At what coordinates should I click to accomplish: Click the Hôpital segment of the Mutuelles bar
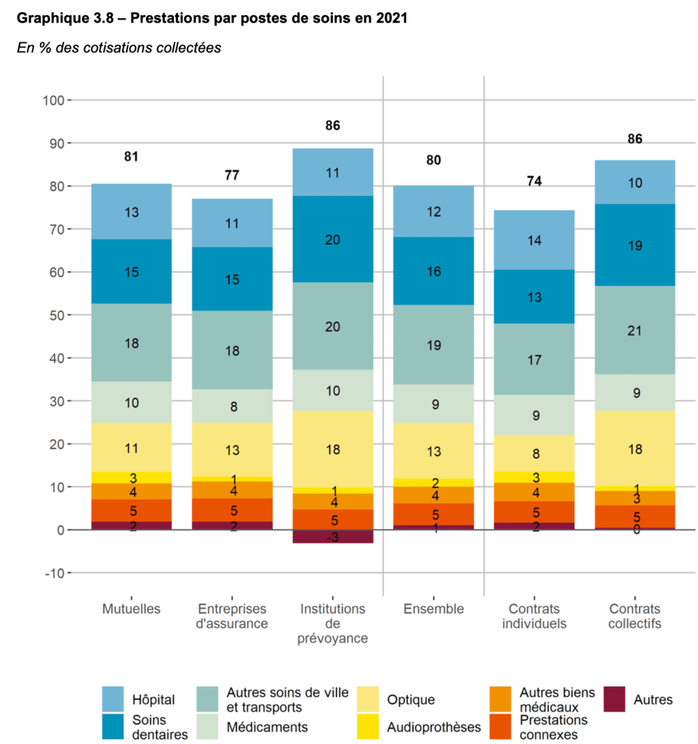tap(131, 212)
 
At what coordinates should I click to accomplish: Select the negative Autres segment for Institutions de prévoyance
tap(333, 536)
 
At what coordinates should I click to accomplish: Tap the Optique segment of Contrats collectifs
tap(635, 449)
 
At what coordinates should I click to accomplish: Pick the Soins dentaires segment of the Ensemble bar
tap(433, 271)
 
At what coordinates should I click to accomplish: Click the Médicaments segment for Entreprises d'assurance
tap(232, 406)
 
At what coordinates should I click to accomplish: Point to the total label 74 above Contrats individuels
tap(534, 182)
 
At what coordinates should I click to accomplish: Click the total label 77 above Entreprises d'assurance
tap(232, 175)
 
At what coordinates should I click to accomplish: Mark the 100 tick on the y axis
tap(54, 100)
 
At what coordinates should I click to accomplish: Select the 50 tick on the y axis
tap(57, 315)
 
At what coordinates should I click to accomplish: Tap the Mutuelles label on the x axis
tap(131, 609)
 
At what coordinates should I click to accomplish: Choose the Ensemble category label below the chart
tap(433, 609)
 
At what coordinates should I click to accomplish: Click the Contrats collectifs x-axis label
tap(635, 616)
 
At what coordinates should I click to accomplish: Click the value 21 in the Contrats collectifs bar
tap(635, 331)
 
